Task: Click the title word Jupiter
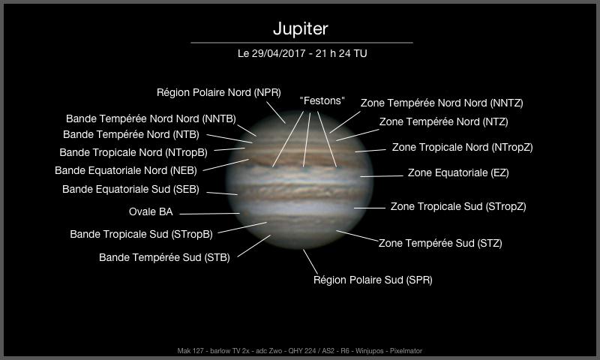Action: point(301,29)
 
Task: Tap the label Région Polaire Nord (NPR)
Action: point(218,92)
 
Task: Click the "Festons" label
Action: point(322,100)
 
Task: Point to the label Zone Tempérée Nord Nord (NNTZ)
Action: point(442,103)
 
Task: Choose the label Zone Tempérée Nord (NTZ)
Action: point(443,121)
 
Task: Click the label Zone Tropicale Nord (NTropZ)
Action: point(462,148)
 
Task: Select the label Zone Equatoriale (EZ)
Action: point(457,173)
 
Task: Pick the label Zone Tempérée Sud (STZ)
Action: point(440,243)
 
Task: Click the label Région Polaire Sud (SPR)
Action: point(372,280)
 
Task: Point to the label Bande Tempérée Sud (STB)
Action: point(164,258)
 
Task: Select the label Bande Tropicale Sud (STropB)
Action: point(141,234)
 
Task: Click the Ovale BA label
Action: point(151,211)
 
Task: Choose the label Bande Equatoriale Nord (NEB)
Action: point(126,170)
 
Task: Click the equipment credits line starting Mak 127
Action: point(300,350)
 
